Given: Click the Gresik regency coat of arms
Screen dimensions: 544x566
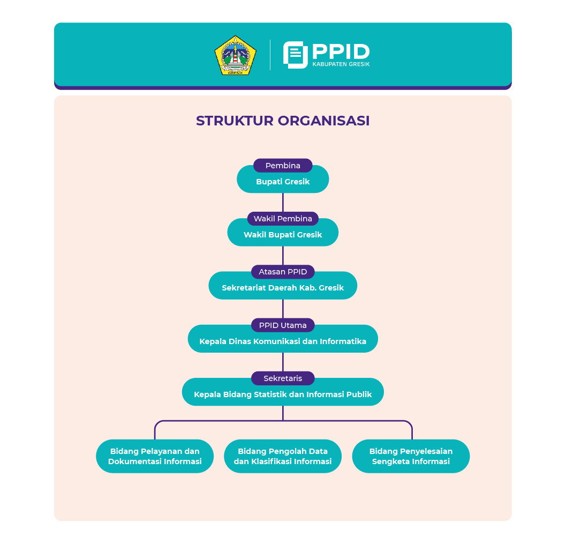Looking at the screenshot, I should click(x=232, y=55).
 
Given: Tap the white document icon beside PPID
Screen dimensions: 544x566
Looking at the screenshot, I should click(x=295, y=55).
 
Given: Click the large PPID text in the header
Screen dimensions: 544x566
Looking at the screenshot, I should click(x=341, y=51).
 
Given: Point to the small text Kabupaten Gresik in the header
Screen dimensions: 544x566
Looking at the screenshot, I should click(x=341, y=64).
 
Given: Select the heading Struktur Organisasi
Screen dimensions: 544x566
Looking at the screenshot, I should click(x=283, y=121).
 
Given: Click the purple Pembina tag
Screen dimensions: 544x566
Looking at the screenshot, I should click(x=283, y=166).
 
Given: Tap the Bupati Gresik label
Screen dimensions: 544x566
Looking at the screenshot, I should click(x=283, y=182).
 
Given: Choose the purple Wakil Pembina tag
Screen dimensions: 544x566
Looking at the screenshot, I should click(x=283, y=219).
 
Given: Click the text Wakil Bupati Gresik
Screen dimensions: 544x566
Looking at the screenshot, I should click(x=283, y=235).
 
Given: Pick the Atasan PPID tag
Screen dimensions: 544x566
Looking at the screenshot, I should click(x=283, y=272).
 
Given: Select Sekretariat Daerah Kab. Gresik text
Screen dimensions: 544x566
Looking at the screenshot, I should click(x=283, y=288).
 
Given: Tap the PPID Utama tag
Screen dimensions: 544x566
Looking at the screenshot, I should click(x=283, y=325).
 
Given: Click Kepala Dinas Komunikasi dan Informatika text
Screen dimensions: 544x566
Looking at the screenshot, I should click(x=283, y=341).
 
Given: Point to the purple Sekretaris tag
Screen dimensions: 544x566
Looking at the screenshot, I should click(x=283, y=378).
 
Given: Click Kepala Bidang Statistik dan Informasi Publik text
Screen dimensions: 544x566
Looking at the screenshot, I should click(x=283, y=394).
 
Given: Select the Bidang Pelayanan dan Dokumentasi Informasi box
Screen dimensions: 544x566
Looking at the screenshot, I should click(x=155, y=456).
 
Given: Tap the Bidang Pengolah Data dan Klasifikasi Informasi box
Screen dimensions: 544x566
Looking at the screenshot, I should click(x=283, y=456).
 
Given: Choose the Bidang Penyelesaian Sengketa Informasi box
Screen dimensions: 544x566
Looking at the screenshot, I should click(x=411, y=456).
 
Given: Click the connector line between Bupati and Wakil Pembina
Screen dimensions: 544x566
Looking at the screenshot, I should click(x=283, y=203).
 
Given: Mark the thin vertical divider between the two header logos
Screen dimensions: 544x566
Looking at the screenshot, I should click(x=270, y=55).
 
